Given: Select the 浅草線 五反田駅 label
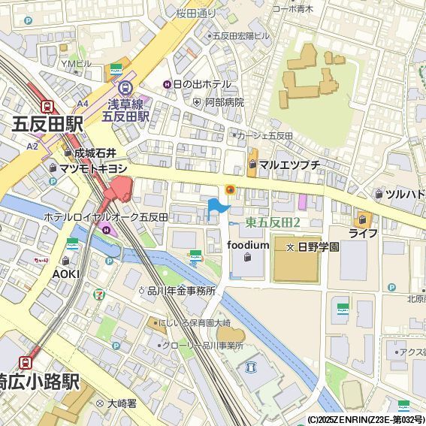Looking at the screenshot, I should (x=125, y=110).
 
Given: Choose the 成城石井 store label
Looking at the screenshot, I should (x=94, y=153).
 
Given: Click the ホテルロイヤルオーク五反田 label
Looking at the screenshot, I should (x=105, y=217).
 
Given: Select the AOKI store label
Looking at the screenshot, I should (x=65, y=273).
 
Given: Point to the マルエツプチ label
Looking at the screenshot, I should (x=289, y=165).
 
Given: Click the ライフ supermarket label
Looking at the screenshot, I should (x=363, y=234).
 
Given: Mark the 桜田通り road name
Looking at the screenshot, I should (x=196, y=14).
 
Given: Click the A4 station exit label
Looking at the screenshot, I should (x=82, y=104).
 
